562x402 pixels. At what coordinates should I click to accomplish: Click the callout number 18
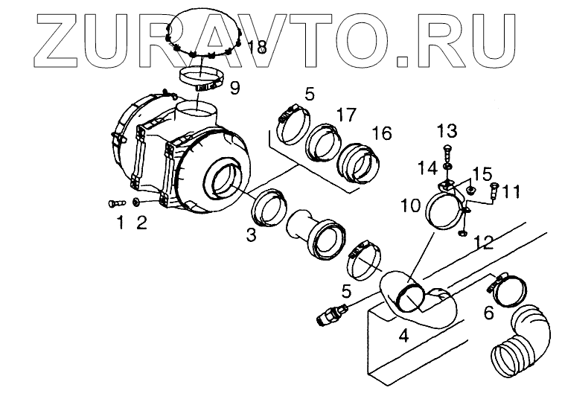(x=257, y=48)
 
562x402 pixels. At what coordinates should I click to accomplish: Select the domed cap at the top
(x=201, y=33)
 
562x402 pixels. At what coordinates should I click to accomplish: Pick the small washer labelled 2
(x=137, y=202)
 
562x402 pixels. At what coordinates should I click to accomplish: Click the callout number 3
(x=252, y=235)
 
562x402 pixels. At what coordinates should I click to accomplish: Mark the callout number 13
(x=447, y=132)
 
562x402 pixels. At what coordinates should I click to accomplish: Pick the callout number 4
(x=403, y=336)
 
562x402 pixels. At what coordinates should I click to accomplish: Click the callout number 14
(x=427, y=168)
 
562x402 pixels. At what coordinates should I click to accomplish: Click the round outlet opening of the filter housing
(x=225, y=179)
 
